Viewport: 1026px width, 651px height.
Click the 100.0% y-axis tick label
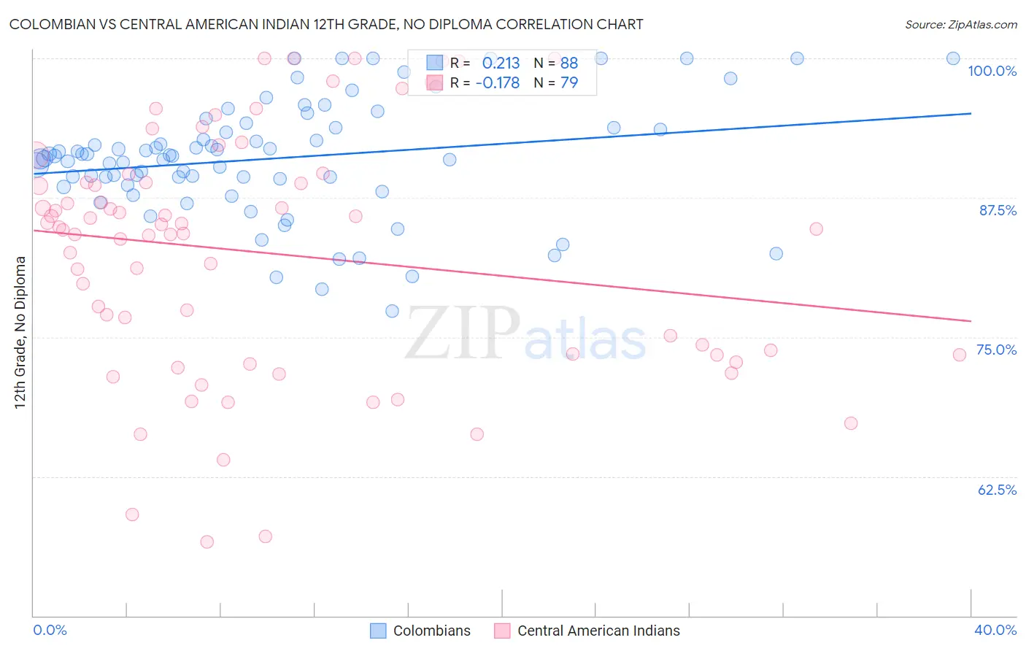(992, 71)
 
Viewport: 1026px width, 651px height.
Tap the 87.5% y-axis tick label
(998, 210)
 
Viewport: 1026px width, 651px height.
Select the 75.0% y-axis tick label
(996, 350)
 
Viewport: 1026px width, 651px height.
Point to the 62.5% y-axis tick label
(997, 490)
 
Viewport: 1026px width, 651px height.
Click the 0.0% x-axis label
(50, 630)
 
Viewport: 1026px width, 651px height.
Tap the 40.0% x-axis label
(995, 630)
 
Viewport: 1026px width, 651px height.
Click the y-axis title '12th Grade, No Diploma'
(20, 332)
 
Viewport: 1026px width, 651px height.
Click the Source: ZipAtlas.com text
(960, 25)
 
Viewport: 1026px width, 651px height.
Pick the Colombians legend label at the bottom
(431, 631)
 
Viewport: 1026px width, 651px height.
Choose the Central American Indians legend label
(598, 631)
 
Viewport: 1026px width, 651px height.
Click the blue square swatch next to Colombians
(378, 631)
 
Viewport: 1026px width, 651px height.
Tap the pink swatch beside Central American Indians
(502, 631)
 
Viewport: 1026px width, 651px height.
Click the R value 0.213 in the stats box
(501, 63)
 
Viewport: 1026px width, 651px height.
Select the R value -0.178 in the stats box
(498, 82)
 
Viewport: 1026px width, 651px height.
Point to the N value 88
(569, 63)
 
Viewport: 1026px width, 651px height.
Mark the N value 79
(569, 82)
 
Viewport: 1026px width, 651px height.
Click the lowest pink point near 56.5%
(207, 542)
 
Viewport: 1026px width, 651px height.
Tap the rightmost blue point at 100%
(953, 58)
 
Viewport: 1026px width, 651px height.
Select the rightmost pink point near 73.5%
(960, 355)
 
